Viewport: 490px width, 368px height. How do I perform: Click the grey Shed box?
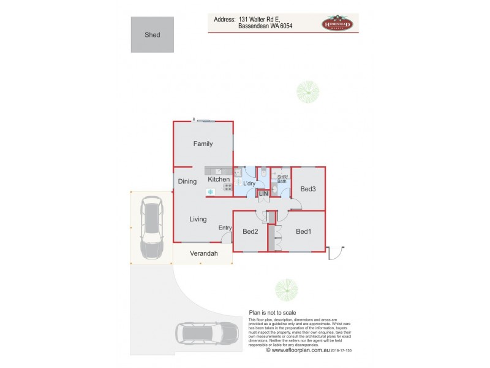coord(152,35)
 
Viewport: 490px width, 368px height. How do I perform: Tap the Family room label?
coord(203,144)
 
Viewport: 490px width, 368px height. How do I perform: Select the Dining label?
coord(187,182)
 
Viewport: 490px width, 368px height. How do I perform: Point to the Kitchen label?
coord(218,180)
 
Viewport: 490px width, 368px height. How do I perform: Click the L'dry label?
coord(249,184)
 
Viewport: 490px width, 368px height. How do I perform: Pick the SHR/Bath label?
coord(282,179)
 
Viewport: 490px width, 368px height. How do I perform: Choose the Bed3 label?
coord(308,189)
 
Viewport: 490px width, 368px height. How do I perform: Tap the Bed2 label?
coord(250,232)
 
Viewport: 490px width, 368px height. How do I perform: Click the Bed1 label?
coord(303,232)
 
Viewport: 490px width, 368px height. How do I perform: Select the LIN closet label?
coord(263,194)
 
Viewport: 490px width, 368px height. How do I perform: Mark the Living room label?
coord(198,219)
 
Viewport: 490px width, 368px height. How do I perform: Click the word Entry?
coord(225,228)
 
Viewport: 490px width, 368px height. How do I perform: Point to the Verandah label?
coord(203,253)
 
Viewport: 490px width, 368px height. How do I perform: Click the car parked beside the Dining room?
coord(151,228)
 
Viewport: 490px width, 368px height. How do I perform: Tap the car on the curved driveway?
coord(206,333)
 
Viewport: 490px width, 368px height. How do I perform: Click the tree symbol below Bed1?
coord(286,289)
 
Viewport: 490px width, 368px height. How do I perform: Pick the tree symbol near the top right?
coord(308,92)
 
